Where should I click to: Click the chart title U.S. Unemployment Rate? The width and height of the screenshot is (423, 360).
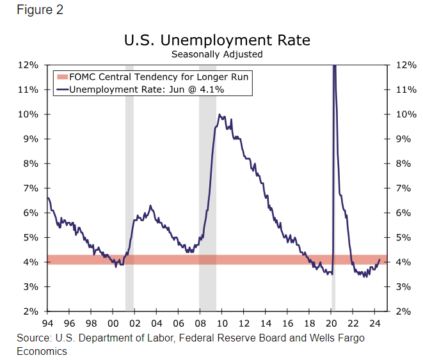(x=217, y=40)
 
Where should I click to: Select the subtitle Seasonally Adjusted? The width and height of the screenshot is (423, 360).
(x=217, y=54)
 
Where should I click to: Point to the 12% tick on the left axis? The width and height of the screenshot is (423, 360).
(x=29, y=65)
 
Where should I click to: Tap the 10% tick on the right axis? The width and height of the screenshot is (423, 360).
(x=406, y=114)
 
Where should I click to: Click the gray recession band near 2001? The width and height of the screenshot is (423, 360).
(x=129, y=192)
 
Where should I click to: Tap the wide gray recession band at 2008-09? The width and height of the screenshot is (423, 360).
(x=207, y=192)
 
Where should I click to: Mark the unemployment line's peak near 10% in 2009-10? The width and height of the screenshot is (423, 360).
(x=219, y=115)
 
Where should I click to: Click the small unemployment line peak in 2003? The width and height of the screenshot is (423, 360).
(x=150, y=206)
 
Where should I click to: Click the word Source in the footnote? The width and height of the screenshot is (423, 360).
(x=31, y=337)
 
